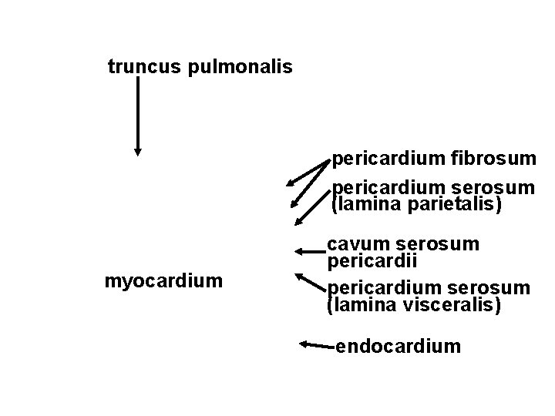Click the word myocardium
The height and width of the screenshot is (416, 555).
(163, 281)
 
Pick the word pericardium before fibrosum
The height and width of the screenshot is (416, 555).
(387, 159)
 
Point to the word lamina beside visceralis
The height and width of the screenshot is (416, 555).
(361, 305)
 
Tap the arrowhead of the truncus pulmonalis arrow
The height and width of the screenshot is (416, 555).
(137, 151)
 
